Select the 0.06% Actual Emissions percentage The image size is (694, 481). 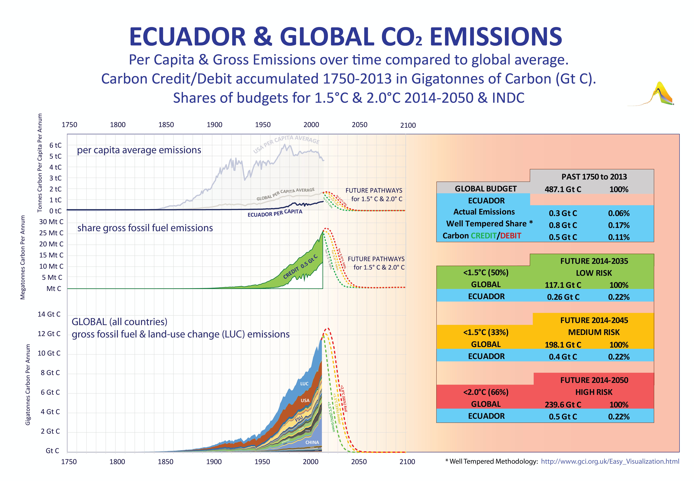click(x=618, y=213)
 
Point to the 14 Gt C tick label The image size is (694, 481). click(x=49, y=314)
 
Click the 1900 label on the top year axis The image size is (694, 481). click(x=214, y=125)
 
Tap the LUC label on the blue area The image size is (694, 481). click(x=304, y=384)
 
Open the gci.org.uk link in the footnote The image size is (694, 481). click(x=610, y=461)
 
